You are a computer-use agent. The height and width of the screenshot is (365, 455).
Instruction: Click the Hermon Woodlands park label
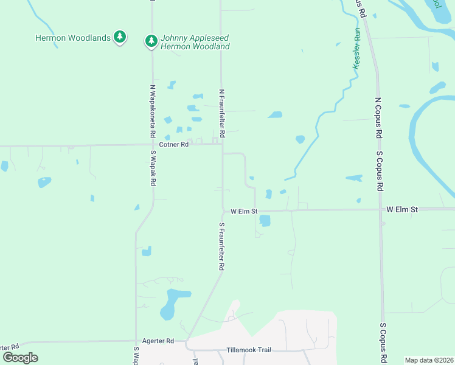click(x=72, y=38)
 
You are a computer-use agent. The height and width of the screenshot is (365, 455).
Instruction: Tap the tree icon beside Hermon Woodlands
click(x=120, y=38)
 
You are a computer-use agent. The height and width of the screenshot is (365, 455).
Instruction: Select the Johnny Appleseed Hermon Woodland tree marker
click(x=150, y=41)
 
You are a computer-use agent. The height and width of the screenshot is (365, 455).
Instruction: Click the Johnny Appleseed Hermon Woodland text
click(x=195, y=42)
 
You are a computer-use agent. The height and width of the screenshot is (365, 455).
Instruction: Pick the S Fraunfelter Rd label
click(x=222, y=246)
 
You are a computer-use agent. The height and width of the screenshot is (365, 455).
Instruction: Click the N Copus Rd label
click(x=378, y=117)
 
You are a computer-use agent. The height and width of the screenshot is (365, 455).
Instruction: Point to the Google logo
click(x=20, y=357)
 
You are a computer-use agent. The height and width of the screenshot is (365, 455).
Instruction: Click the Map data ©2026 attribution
click(x=429, y=360)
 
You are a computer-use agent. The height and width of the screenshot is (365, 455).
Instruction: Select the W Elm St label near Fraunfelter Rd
click(x=244, y=212)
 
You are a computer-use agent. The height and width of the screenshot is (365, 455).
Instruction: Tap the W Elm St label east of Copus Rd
click(x=402, y=209)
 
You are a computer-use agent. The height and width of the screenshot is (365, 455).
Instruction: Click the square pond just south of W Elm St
click(x=265, y=221)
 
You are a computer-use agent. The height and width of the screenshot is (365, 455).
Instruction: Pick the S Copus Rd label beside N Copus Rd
click(x=380, y=171)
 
